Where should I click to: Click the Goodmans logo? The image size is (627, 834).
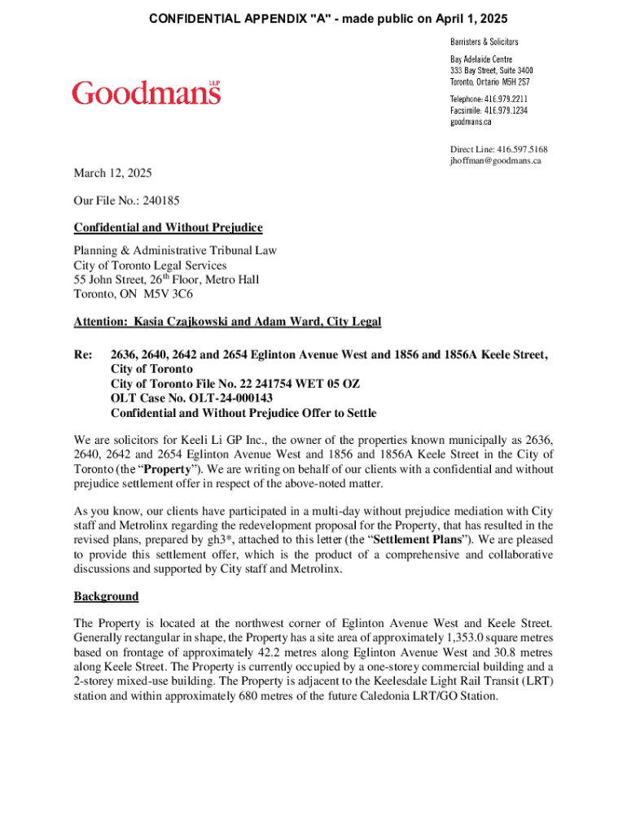147,93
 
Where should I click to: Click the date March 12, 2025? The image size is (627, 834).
112,173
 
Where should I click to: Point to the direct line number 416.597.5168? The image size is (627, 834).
522,149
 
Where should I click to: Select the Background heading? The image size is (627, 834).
106,596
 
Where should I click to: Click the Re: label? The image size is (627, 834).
83,354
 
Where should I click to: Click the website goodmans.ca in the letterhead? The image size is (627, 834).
471,122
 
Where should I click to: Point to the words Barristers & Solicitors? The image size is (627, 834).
484,41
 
